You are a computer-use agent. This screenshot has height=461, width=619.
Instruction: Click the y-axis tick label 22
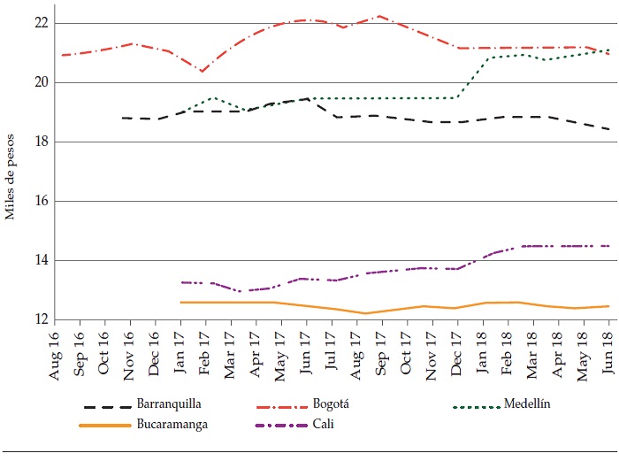click(x=39, y=22)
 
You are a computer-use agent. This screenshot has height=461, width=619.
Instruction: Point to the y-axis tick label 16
click(x=39, y=201)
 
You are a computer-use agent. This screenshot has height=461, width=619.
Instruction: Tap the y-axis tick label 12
click(x=39, y=319)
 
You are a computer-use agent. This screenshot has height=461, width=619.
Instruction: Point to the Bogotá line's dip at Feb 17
click(x=203, y=71)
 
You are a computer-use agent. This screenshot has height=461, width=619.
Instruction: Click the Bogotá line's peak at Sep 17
click(x=379, y=16)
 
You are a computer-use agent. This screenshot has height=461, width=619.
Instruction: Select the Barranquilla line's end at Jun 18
click(x=608, y=129)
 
